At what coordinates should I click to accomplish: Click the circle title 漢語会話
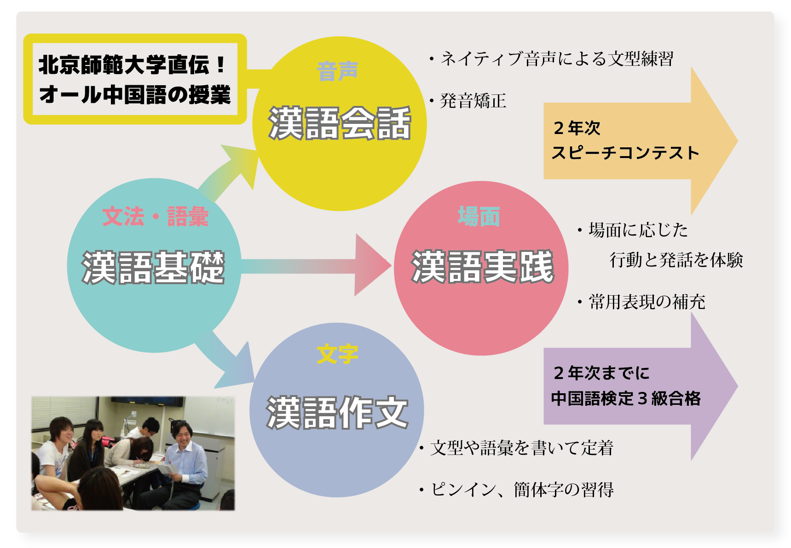pos(340,123)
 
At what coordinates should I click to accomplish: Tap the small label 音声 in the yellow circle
pos(337,71)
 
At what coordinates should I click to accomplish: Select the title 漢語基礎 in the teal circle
pos(153,267)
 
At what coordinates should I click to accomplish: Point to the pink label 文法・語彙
pos(156,216)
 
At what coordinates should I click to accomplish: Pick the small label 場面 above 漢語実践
pos(479,216)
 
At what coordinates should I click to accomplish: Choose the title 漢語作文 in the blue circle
pos(337,413)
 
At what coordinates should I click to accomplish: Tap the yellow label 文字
pos(337,354)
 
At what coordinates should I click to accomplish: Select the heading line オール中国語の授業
pos(135,95)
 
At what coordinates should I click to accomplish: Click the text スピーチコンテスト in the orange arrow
pos(625,153)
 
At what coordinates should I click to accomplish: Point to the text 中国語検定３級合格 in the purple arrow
pos(626,398)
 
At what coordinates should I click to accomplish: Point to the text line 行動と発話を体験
pos(676,260)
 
